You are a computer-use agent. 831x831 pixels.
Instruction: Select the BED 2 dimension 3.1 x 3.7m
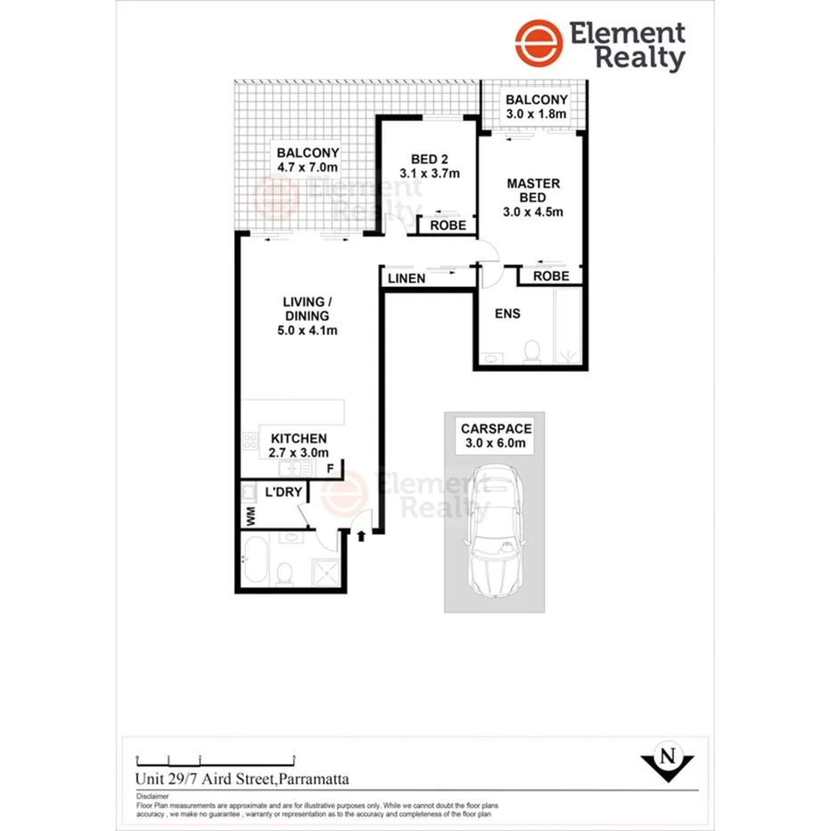(429, 174)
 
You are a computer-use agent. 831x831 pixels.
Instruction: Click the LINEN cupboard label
(407, 279)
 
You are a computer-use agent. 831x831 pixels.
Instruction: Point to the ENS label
(507, 314)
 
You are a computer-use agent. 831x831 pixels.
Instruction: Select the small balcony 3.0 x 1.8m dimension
(536, 115)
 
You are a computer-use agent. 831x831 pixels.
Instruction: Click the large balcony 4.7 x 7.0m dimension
(307, 167)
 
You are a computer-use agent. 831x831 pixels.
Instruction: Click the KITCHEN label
(299, 439)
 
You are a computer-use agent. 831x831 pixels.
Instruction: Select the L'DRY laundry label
(284, 492)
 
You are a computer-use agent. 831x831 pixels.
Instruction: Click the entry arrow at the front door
(361, 536)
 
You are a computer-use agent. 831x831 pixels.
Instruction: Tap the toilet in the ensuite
(531, 351)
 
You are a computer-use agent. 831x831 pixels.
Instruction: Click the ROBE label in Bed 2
(448, 226)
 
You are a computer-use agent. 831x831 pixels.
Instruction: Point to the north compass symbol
(666, 760)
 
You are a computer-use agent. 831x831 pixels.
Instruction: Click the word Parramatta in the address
(314, 778)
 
